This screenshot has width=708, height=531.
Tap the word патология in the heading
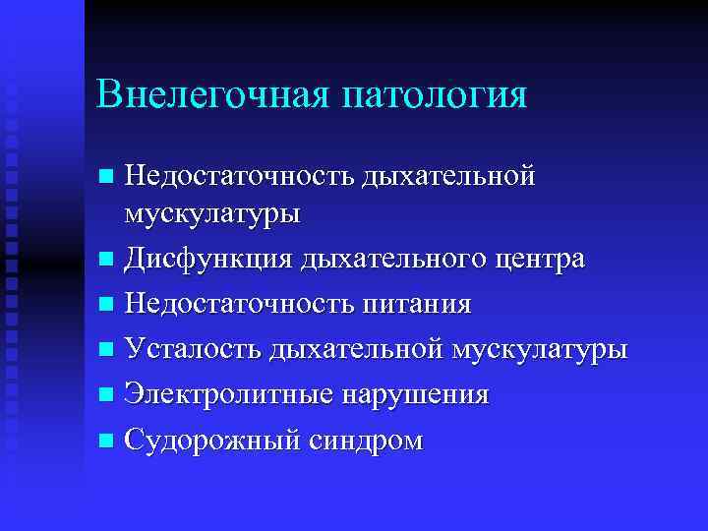435,95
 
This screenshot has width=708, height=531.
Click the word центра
545,259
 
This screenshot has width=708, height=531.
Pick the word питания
414,304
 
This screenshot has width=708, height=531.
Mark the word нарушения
414,394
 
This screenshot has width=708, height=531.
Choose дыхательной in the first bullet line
448,176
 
